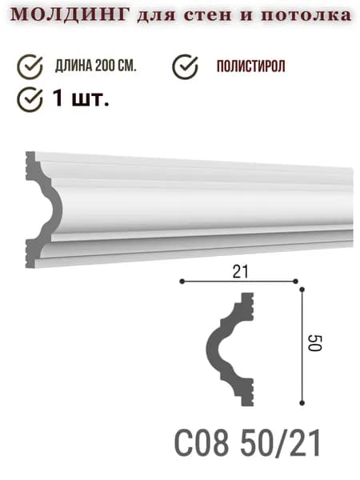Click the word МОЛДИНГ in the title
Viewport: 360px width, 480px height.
(x=69, y=14)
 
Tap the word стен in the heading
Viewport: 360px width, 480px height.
(x=209, y=15)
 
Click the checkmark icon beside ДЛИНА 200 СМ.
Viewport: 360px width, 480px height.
(x=30, y=66)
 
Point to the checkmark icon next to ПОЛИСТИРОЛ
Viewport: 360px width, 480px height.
(x=185, y=66)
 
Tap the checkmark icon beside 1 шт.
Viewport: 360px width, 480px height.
(x=30, y=99)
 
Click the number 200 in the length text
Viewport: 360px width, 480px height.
(x=106, y=66)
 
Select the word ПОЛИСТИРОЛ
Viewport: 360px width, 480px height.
(x=250, y=66)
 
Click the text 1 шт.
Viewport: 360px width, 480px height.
(x=81, y=98)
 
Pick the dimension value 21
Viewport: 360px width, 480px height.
(x=241, y=272)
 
